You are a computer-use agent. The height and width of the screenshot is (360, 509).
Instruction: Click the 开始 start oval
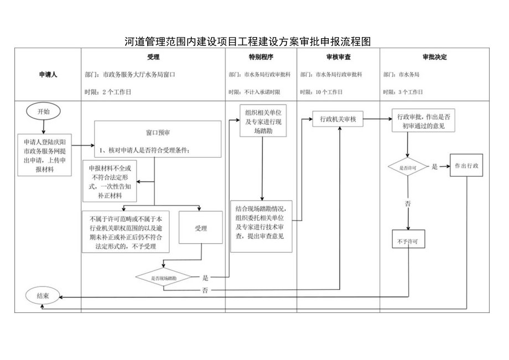pos(43,111)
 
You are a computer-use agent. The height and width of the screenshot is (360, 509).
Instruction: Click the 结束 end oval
pos(43,296)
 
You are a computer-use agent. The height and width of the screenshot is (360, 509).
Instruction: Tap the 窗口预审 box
pos(154,140)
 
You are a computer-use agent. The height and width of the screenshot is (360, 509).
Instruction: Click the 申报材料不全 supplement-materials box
pos(111,180)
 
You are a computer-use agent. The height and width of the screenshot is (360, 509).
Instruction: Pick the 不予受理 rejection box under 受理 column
pos(125,231)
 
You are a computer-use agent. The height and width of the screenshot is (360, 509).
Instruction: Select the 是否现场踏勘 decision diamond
pos(164,278)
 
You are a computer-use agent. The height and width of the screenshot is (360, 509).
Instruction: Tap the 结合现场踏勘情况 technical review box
pos(261,226)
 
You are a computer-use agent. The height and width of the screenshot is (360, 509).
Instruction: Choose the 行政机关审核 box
pos(337,118)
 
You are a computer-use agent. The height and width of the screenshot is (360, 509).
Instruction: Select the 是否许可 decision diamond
pos(408,166)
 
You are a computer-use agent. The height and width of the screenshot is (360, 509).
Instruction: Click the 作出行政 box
pos(466,165)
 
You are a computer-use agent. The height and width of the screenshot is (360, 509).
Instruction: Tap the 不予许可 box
pos(408,242)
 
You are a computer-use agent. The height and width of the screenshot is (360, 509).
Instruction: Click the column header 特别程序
pos(261,57)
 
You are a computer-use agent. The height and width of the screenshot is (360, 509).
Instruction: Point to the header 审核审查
pos(338,57)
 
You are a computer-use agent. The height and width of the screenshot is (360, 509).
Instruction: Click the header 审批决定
pos(434,57)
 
